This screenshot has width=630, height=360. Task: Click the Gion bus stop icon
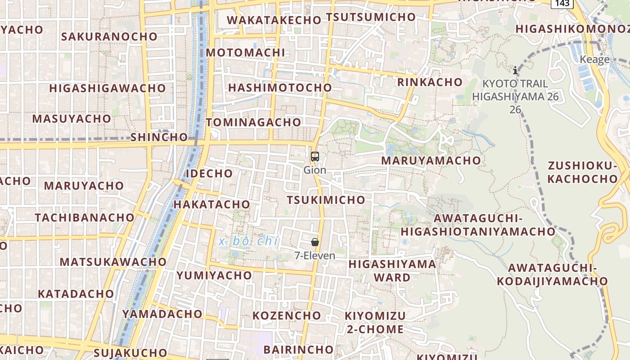point(315,157)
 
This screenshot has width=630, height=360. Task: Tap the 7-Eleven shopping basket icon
point(315,242)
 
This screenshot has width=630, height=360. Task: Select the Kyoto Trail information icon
point(515,70)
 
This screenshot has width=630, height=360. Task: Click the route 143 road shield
point(562,3)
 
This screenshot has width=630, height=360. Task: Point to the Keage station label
point(594,59)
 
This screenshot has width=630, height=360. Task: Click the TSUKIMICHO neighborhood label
point(326,200)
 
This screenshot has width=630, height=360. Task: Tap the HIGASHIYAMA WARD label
point(392,270)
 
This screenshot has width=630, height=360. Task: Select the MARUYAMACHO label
point(431,160)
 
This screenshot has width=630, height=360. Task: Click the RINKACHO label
point(430,82)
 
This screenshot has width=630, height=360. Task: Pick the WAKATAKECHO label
point(274,20)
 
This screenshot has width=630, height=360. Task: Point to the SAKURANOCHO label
point(109,36)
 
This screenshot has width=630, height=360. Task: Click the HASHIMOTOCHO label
point(280,87)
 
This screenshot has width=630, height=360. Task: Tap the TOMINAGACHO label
point(253,122)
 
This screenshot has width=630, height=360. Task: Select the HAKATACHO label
point(211,204)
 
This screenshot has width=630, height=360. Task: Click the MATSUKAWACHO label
point(113,261)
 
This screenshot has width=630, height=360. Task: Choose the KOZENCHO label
point(287,315)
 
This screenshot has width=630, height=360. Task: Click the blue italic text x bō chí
point(248,241)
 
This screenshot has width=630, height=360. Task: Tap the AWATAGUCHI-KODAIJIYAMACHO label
point(552,274)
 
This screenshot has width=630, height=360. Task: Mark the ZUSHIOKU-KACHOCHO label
point(583,172)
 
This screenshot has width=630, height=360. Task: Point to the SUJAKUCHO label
point(130,352)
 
